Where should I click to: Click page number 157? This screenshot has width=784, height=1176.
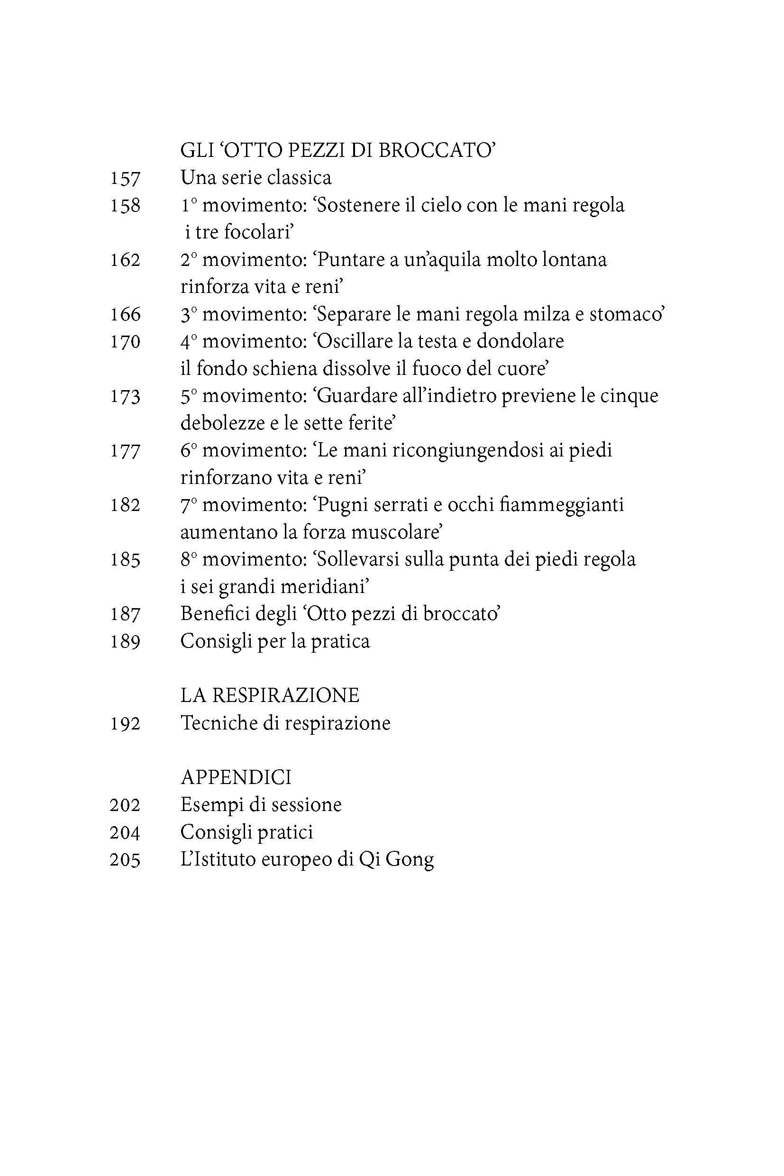click(x=125, y=179)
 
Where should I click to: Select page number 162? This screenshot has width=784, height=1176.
click(x=125, y=261)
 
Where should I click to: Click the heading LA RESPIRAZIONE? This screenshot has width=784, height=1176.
click(x=270, y=695)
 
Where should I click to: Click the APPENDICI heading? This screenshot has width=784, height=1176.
click(x=236, y=777)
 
